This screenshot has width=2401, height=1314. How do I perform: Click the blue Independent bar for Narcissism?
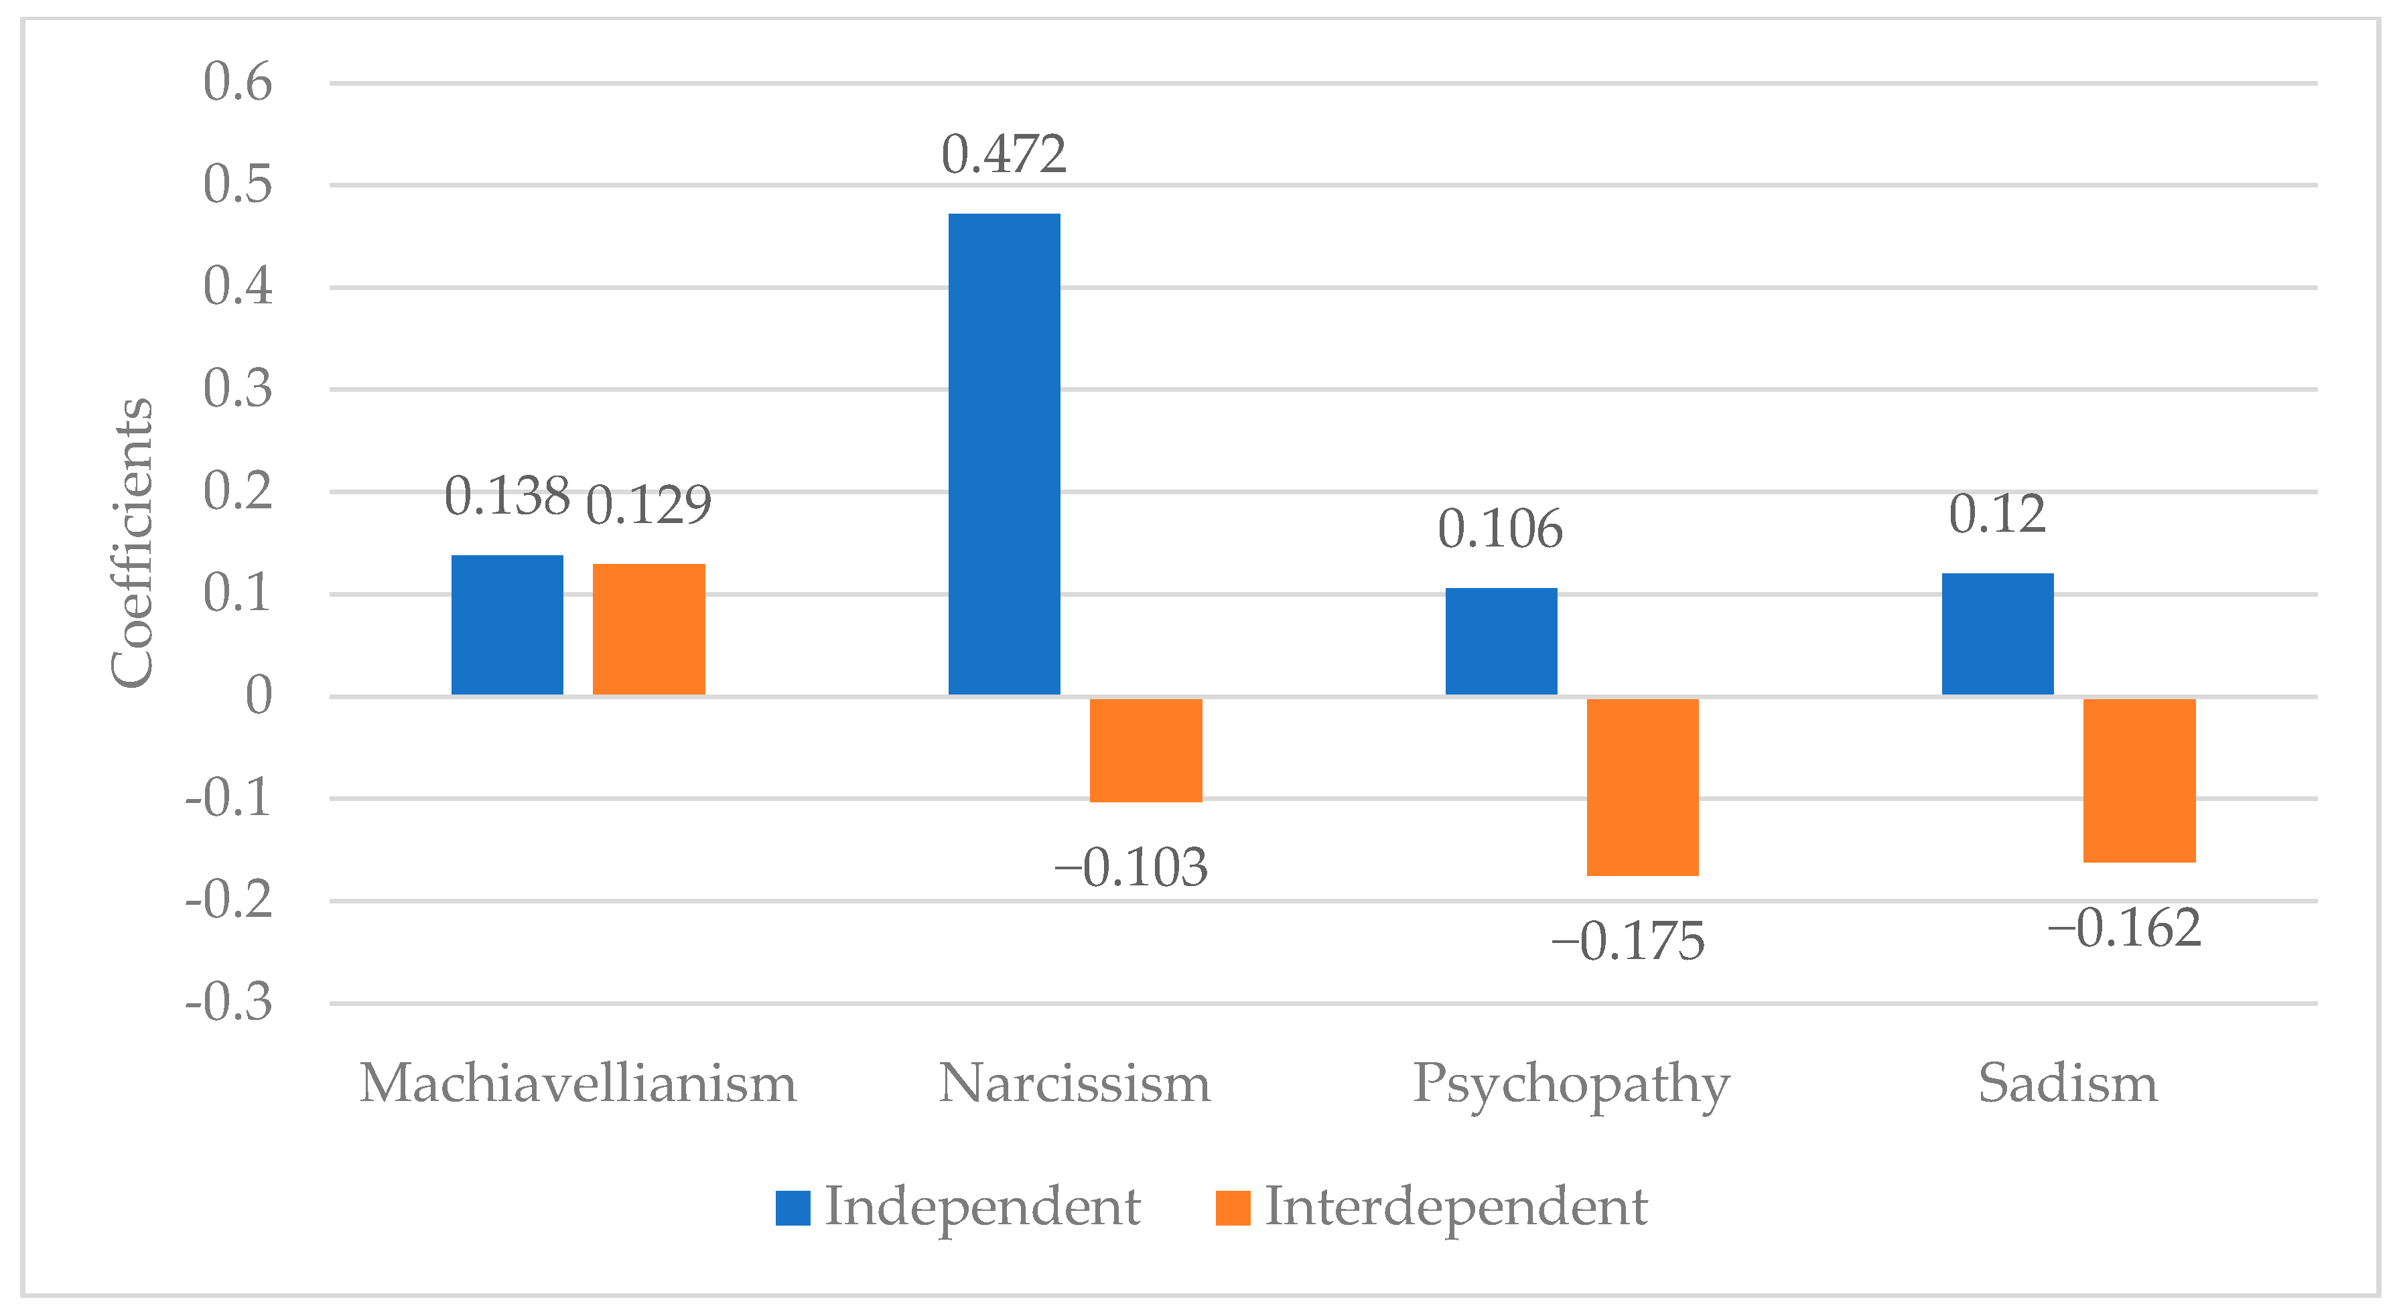click(x=1004, y=454)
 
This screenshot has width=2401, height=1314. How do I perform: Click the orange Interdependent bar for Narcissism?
click(x=1146, y=749)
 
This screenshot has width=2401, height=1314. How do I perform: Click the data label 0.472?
click(x=1004, y=155)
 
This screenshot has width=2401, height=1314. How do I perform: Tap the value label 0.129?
click(x=648, y=505)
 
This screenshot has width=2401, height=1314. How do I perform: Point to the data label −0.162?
click(x=2124, y=928)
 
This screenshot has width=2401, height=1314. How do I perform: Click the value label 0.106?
click(x=1500, y=529)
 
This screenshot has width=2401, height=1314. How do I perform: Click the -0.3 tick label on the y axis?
click(x=228, y=1004)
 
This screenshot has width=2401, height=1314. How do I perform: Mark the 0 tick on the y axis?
click(x=258, y=696)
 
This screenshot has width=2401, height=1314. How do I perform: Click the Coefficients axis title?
click(x=131, y=543)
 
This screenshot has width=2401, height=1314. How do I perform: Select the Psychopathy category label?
click(x=1572, y=1084)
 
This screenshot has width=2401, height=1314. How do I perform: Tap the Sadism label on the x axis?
click(x=2067, y=1084)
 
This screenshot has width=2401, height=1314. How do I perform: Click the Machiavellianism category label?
click(x=578, y=1084)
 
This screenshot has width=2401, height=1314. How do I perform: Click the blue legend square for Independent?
click(x=793, y=1208)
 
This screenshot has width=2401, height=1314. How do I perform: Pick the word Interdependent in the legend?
click(x=1456, y=1208)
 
